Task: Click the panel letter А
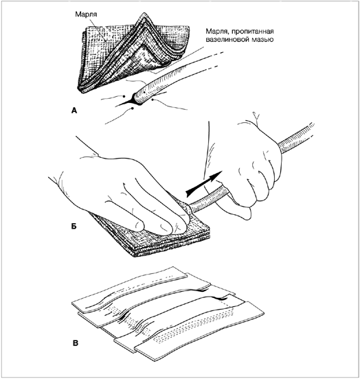(x=74, y=111)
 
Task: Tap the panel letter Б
(x=74, y=227)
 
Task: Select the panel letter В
(x=76, y=343)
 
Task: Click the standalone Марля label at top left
(x=86, y=14)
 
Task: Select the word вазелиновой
(x=227, y=39)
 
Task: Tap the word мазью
(x=263, y=40)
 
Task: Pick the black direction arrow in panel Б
(x=204, y=183)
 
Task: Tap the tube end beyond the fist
(x=297, y=137)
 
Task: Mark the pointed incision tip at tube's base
(x=117, y=106)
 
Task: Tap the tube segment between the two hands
(x=208, y=198)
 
